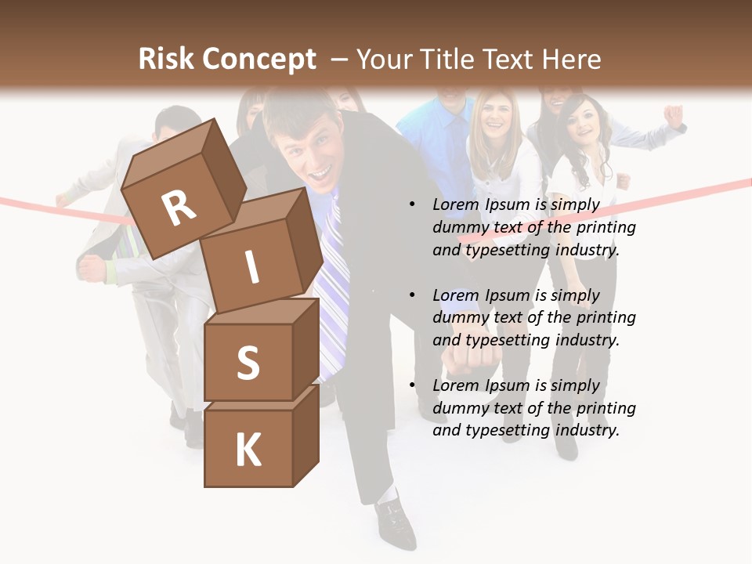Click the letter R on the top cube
[179, 208]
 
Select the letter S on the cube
[248, 363]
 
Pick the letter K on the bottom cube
[248, 450]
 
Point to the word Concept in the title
[260, 60]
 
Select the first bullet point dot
[412, 204]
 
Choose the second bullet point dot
[412, 295]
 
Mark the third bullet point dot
[412, 385]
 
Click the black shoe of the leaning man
[396, 521]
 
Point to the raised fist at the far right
[673, 115]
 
